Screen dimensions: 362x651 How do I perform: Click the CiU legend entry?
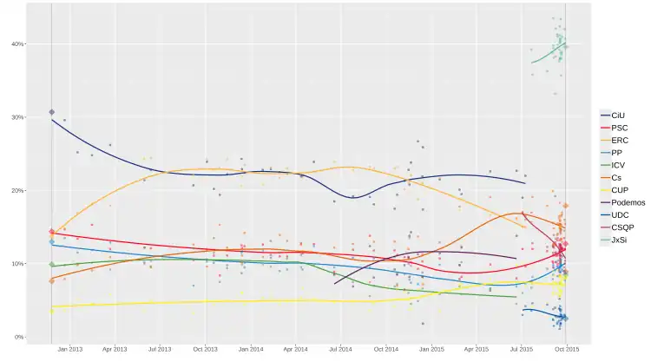point(617,115)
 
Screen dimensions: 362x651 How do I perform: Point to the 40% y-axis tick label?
point(16,44)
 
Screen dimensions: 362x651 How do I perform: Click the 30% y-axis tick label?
point(16,117)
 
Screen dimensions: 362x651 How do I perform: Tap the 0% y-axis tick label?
point(17,337)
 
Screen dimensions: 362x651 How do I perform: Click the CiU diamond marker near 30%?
point(52,112)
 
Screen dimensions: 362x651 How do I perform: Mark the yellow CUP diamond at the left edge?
point(52,310)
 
